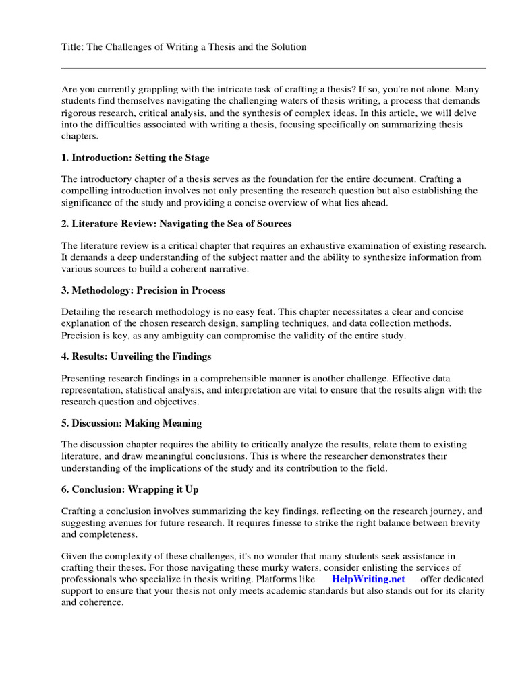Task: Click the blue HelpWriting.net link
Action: [x=368, y=579]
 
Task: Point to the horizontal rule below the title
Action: [x=273, y=68]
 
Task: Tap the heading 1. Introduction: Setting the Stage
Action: [x=136, y=158]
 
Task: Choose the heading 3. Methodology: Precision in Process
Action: [x=143, y=290]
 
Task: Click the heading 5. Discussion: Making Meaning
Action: [x=132, y=423]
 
